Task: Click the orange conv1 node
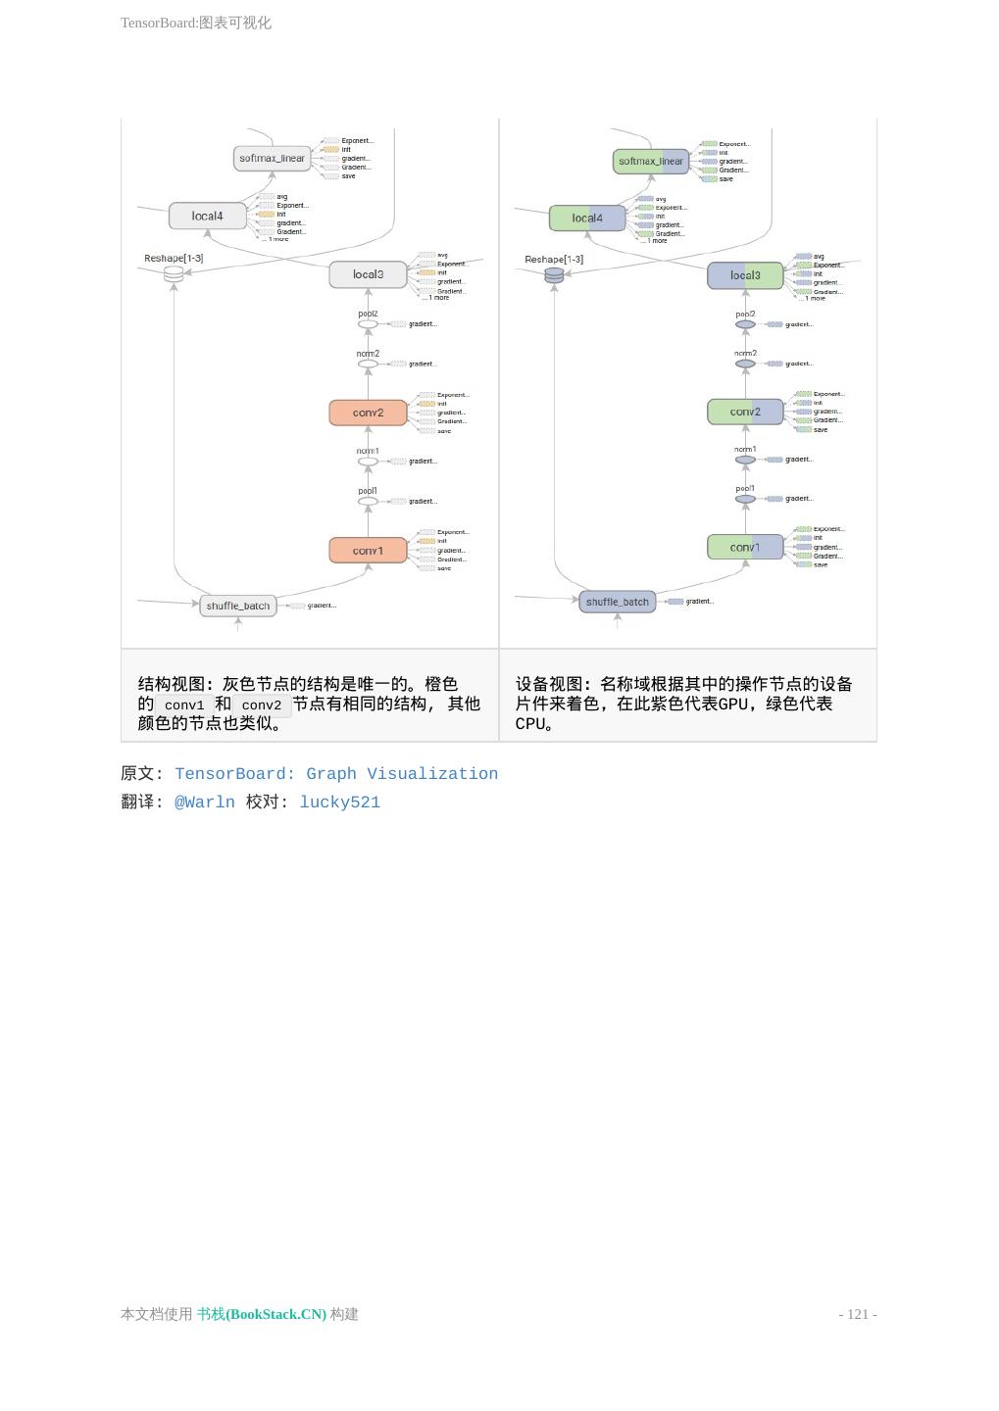click(368, 551)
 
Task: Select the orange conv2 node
click(368, 413)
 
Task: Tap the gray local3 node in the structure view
click(368, 274)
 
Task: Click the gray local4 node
click(207, 216)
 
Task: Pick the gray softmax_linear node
click(273, 158)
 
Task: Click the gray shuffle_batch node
click(237, 606)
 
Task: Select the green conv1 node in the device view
click(745, 547)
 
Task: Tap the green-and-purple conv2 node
click(745, 412)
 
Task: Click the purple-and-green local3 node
click(745, 275)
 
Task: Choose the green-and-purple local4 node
click(587, 218)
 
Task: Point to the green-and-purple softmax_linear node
click(651, 161)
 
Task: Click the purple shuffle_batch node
click(618, 602)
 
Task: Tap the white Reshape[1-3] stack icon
click(174, 274)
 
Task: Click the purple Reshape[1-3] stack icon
click(554, 275)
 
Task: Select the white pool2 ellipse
click(368, 324)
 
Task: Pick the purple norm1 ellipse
click(745, 460)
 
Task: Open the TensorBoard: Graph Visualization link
click(336, 774)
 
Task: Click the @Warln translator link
click(205, 803)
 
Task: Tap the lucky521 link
click(339, 803)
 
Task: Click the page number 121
click(858, 1314)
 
